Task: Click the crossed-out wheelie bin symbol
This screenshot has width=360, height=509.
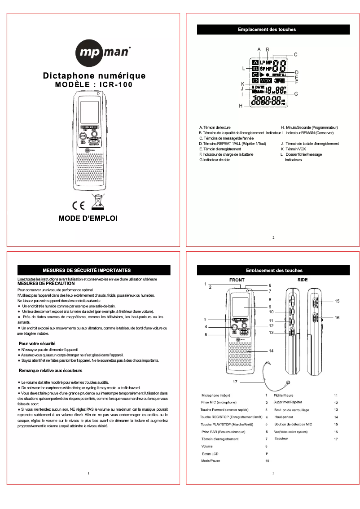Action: [97, 202]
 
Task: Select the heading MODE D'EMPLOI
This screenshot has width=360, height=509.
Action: [88, 219]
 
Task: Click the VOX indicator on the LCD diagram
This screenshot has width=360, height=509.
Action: [268, 80]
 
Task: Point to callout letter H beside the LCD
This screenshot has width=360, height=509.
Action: [241, 105]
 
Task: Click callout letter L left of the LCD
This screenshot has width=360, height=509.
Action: [243, 69]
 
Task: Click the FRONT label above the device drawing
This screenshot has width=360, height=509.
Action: [237, 280]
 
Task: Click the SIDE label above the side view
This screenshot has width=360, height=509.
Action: [302, 280]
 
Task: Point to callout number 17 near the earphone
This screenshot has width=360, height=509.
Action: [234, 382]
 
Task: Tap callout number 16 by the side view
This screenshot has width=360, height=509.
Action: [337, 317]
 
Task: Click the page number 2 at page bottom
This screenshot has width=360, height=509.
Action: [273, 237]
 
